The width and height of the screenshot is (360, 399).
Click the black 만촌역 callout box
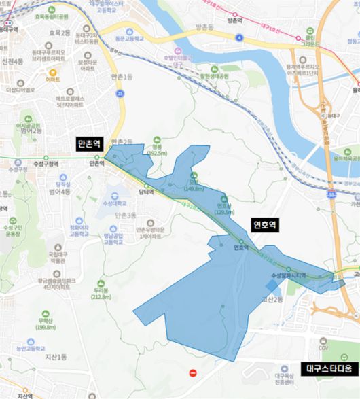89,144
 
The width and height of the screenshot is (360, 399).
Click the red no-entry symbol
193,373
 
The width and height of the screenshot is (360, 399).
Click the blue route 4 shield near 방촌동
239,38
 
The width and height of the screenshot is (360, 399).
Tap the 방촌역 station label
234,21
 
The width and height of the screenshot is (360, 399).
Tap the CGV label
323,348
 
